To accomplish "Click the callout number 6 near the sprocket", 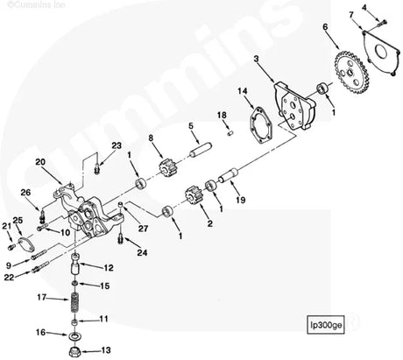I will (324, 28).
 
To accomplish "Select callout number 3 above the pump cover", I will (256, 59).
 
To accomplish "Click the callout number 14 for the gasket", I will (243, 91).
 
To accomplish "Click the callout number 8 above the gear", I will (151, 138).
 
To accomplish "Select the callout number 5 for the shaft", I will (189, 127).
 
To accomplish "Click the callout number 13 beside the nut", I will (106, 349).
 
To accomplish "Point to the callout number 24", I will (143, 252).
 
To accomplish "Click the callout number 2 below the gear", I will (209, 223).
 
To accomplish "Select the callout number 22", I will (9, 277).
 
